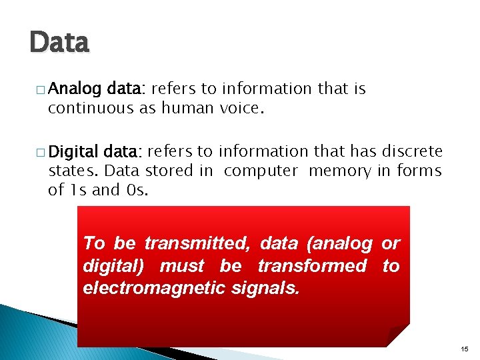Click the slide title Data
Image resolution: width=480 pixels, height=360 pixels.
coord(59,43)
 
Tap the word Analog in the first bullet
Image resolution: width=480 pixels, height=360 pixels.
coord(73,89)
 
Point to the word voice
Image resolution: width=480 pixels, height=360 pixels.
coord(242,108)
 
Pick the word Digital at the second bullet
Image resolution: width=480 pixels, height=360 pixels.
coord(73,151)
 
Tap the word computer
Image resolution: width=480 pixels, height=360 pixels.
coord(261,171)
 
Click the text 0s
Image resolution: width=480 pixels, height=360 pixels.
coord(135,190)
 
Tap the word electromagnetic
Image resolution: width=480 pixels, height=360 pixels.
coord(145,289)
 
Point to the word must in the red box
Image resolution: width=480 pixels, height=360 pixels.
coord(182,267)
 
